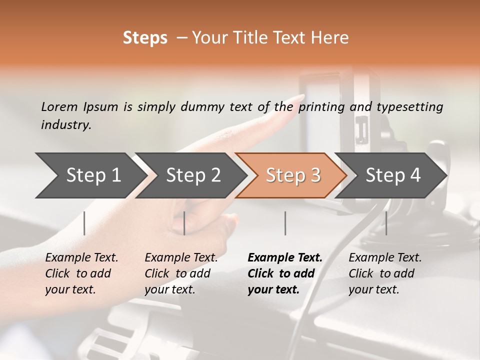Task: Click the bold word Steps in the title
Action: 145,38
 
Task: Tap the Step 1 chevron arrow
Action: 90,175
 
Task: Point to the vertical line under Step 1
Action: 84,223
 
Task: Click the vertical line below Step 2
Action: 184,223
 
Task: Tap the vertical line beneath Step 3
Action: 285,223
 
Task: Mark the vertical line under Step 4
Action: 386,223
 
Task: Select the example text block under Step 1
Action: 81,273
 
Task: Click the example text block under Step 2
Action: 181,273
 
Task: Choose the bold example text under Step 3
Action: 285,273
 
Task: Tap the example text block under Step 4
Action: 385,273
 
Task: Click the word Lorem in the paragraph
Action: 59,107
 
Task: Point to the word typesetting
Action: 409,107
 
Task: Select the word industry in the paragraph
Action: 66,125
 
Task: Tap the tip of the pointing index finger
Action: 303,95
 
